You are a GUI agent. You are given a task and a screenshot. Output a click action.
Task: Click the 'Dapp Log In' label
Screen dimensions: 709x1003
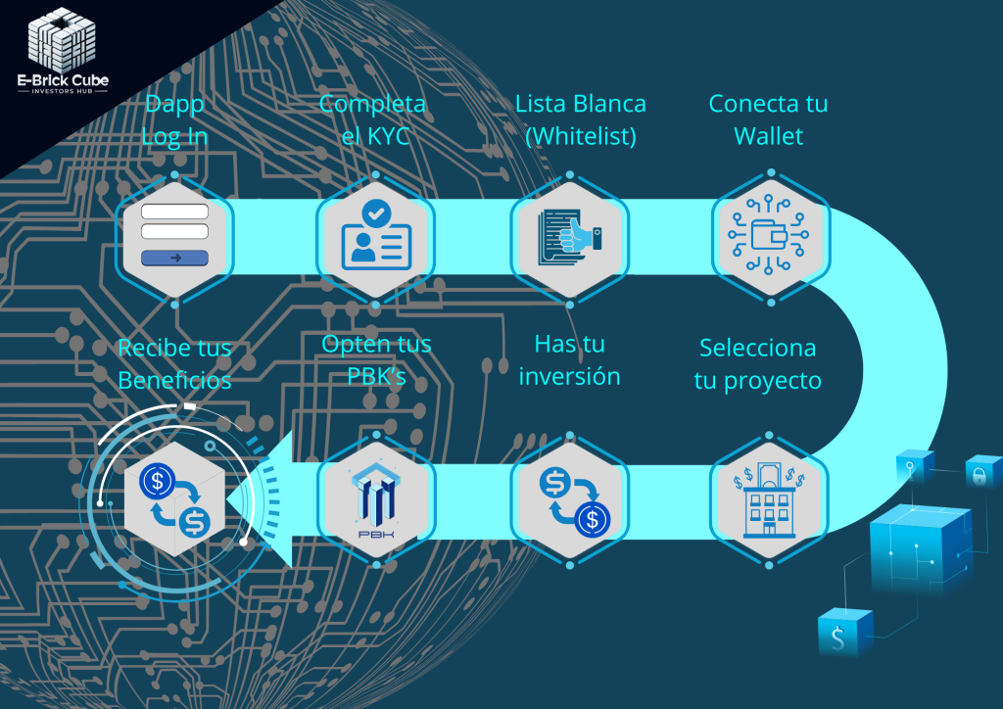[x=174, y=119]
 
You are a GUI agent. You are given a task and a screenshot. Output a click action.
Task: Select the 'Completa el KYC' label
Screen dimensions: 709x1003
[x=373, y=119]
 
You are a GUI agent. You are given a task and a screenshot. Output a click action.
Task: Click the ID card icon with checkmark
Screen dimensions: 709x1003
[x=375, y=235]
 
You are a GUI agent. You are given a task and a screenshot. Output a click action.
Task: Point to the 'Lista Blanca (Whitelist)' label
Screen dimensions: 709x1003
[x=581, y=119]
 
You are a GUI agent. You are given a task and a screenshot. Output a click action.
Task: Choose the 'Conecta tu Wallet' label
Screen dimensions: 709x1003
[x=768, y=119]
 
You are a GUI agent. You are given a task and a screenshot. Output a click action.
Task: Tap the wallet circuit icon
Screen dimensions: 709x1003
[x=770, y=235]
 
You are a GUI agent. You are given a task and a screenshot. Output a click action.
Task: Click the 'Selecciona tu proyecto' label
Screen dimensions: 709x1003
[x=756, y=363]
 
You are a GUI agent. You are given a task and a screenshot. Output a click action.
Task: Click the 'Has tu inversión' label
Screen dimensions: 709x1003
[x=569, y=359]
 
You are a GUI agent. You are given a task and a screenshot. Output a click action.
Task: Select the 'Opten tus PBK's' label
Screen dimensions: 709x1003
[x=376, y=359]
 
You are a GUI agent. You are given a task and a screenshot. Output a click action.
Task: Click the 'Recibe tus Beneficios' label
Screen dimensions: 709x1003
[x=174, y=363]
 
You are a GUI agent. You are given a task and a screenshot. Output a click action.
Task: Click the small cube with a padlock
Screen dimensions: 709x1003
[x=981, y=473]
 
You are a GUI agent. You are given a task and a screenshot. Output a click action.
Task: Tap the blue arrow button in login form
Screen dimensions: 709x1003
[x=174, y=258]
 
